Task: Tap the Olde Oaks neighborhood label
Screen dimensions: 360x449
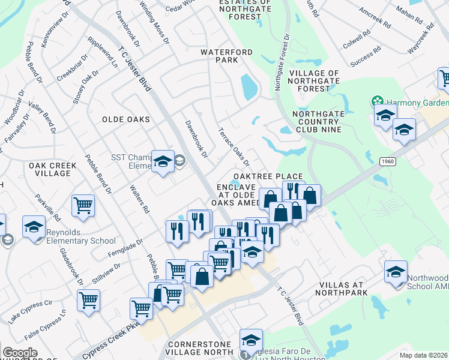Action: (x=126, y=119)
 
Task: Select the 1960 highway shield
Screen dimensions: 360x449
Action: (x=387, y=161)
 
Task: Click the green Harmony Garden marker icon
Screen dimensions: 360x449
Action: (x=378, y=100)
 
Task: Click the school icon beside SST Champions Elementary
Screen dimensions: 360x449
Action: (x=162, y=161)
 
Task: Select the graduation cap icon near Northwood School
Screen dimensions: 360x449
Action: (x=396, y=271)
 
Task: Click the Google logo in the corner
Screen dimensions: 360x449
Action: (x=20, y=352)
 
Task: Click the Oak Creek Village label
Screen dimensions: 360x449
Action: (x=49, y=169)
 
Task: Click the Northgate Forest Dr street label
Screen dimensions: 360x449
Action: (x=282, y=61)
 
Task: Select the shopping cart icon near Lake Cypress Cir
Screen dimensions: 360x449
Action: (x=88, y=300)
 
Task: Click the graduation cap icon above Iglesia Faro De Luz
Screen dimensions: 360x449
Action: (x=251, y=340)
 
